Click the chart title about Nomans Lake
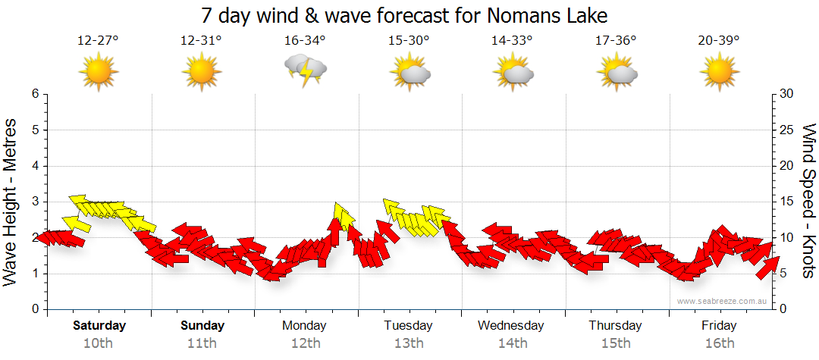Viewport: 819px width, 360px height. [x=405, y=15]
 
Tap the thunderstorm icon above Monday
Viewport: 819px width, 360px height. [x=305, y=70]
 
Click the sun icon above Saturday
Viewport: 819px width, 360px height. [x=98, y=73]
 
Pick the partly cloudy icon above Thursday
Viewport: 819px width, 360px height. [x=616, y=73]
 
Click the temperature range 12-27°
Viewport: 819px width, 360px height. [x=98, y=41]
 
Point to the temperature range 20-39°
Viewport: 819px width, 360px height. [x=719, y=41]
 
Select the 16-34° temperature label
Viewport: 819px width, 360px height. [x=305, y=41]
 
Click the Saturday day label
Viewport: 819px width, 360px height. [x=99, y=326]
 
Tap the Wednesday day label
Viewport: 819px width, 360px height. [x=511, y=326]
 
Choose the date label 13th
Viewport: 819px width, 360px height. [x=409, y=343]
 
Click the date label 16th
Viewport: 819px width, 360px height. [x=719, y=343]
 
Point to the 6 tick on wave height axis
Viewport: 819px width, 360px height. [x=34, y=94]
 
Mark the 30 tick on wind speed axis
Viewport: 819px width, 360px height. [x=787, y=94]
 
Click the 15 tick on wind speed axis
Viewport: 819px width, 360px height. [x=787, y=202]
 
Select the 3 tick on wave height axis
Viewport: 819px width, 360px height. [x=34, y=202]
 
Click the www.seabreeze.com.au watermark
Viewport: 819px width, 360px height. [x=723, y=301]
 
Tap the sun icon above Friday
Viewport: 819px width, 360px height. [x=719, y=73]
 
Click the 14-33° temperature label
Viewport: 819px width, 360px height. [x=512, y=41]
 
